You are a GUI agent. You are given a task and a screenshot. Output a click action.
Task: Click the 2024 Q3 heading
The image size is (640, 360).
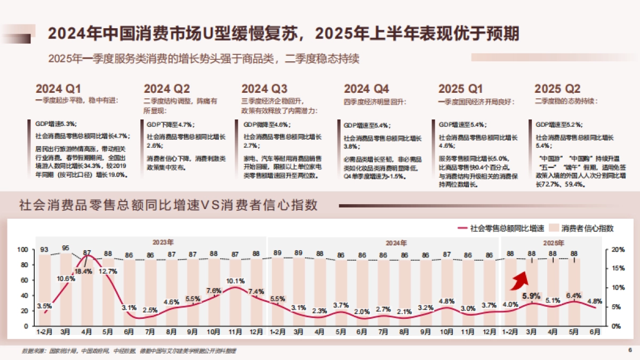coord(265,89)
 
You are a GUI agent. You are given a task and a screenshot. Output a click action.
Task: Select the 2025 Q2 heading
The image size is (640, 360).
coord(557,89)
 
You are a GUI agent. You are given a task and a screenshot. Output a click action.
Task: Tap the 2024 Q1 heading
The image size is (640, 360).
coord(59,89)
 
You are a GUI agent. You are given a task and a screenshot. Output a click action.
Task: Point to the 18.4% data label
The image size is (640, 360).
coord(83,271)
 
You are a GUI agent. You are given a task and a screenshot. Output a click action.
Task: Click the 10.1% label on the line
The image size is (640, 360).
coord(235,281)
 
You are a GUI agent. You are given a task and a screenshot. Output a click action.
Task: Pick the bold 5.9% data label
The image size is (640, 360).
coord(531,295)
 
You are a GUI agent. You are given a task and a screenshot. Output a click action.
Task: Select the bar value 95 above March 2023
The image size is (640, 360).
coord(66,248)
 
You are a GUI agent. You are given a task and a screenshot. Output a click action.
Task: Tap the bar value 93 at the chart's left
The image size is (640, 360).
coord(44,250)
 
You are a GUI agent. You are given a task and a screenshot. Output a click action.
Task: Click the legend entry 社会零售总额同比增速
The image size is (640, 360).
coord(500,228)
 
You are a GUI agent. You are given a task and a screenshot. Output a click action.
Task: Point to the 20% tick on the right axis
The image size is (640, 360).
coord(617,250)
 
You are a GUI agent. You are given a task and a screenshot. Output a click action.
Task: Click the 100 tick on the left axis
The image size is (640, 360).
coord(22,250)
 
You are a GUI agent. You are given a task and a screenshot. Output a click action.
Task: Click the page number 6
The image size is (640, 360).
coord(629,350)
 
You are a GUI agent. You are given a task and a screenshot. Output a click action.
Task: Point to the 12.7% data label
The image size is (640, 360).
coord(108,271)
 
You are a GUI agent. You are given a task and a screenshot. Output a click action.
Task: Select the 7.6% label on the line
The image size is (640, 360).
coord(213,291)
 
